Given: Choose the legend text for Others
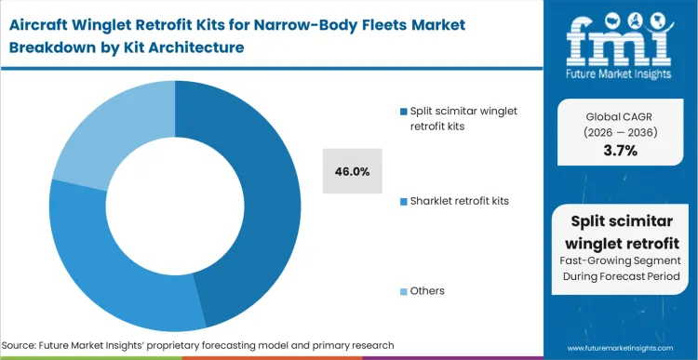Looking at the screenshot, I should click(x=427, y=290).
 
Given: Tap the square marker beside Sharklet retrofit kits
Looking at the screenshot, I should click(x=401, y=201).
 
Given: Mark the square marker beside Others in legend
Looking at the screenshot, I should click(x=401, y=291).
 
